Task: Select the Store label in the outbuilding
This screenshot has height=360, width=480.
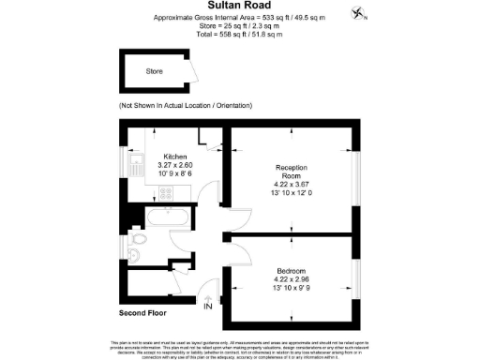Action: point(154,70)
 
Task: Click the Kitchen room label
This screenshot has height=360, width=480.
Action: point(175,157)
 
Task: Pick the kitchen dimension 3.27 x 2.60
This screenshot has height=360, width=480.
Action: point(175,165)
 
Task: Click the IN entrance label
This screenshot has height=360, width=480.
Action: point(207,306)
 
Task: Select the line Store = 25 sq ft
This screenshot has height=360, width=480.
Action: point(239,25)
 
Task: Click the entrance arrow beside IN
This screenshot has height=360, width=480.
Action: point(208,297)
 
